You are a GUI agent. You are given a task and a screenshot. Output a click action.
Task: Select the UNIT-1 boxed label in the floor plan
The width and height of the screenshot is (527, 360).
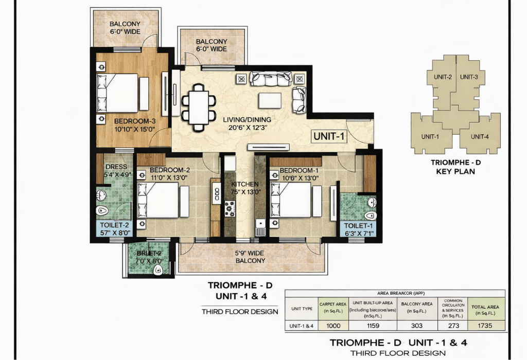(328, 136)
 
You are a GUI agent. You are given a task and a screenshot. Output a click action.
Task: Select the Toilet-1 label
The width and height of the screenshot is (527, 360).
(357, 229)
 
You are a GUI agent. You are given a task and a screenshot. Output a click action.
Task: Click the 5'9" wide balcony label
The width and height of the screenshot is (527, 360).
(250, 257)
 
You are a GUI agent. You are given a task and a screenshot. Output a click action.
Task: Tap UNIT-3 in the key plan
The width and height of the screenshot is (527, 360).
(469, 77)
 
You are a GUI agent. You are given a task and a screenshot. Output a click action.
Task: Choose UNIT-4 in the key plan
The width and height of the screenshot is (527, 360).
(479, 136)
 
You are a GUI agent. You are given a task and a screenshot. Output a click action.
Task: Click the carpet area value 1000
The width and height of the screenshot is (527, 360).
(332, 325)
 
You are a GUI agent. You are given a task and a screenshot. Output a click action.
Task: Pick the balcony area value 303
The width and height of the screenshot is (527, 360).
(416, 325)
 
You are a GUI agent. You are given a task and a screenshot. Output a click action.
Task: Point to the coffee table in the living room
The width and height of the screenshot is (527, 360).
(270, 99)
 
